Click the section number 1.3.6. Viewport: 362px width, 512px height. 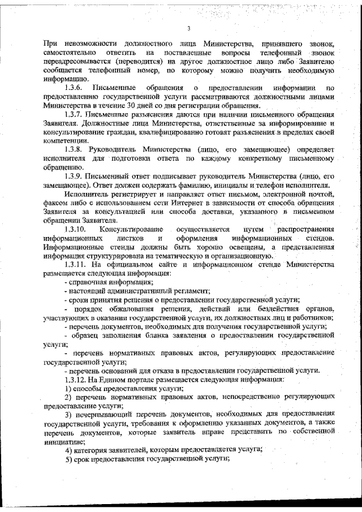[x=75, y=88]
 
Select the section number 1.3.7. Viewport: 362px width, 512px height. [x=75, y=115]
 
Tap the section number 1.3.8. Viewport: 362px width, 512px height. [x=75, y=149]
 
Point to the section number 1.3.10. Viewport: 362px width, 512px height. [x=76, y=230]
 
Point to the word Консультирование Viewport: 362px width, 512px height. [x=131, y=230]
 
